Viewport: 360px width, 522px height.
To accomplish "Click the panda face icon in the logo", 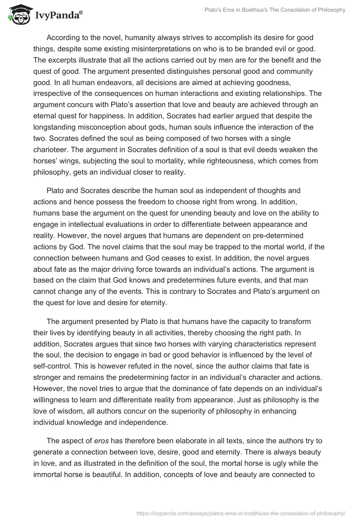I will [x=17, y=14].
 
